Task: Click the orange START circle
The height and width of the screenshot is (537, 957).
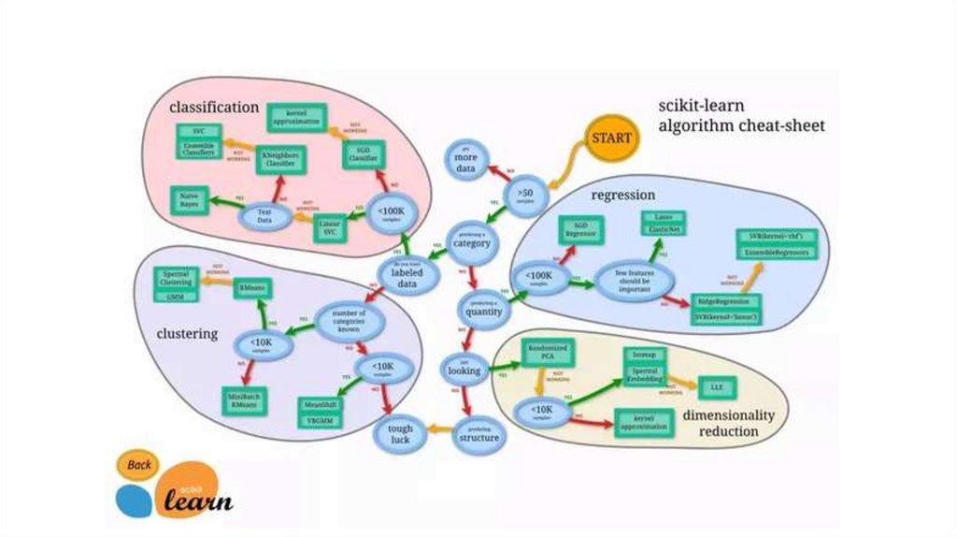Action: tap(611, 138)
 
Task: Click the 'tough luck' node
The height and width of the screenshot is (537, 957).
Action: tap(400, 433)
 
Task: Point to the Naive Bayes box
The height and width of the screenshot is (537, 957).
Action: tap(190, 199)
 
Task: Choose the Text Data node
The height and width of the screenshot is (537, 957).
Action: tap(264, 217)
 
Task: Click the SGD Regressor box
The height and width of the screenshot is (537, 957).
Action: tap(582, 229)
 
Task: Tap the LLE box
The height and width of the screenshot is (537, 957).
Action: tap(717, 385)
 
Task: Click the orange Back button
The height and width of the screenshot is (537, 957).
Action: tap(139, 465)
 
